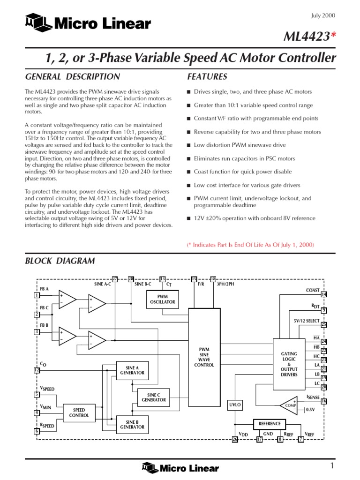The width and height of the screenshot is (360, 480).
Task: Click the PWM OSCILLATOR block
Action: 162,299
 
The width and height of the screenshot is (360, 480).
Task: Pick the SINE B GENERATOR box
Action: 132,424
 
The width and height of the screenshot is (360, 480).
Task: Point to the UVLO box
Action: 235,404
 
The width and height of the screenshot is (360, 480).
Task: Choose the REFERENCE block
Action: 270,423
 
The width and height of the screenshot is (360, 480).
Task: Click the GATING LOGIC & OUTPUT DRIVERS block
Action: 289,365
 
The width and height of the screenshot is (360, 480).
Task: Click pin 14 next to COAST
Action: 323,294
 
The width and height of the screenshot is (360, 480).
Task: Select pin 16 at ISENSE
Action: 323,401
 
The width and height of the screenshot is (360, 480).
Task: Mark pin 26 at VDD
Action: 235,439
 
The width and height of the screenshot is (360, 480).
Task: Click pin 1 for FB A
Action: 37,295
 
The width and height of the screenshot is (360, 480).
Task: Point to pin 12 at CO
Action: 37,370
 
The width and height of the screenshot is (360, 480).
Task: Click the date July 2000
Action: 323,15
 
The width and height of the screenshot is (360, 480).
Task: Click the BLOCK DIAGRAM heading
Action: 60,261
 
